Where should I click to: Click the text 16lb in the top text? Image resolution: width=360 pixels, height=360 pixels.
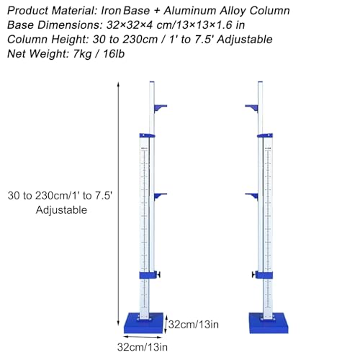click(114, 54)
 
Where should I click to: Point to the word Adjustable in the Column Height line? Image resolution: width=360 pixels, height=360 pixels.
click(245, 40)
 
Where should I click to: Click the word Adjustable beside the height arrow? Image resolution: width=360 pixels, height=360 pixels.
click(61, 210)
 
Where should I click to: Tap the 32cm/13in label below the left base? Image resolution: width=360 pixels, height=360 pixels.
click(143, 347)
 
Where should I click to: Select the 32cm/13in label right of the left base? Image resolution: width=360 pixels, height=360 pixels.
click(194, 325)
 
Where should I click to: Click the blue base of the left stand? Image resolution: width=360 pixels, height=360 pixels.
click(143, 323)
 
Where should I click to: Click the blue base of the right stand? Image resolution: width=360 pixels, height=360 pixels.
click(269, 323)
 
